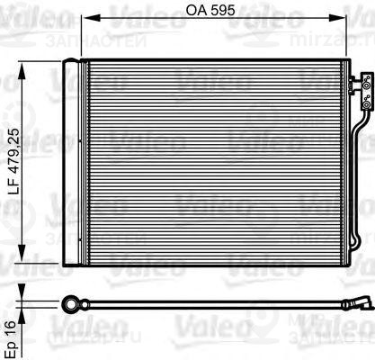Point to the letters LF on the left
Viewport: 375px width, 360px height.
tap(12, 214)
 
